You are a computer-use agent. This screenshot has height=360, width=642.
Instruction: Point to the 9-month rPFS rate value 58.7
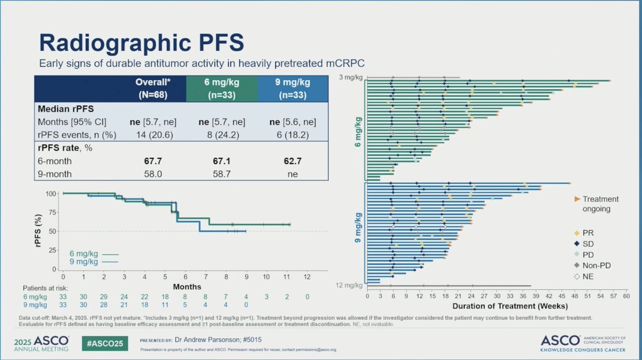pyautogui.click(x=221, y=174)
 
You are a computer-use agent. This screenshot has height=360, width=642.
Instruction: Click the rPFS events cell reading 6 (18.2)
pyautogui.click(x=292, y=134)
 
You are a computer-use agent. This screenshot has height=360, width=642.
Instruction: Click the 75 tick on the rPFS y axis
pyautogui.click(x=52, y=212)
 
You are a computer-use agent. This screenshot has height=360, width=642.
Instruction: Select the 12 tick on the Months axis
pyautogui.click(x=307, y=278)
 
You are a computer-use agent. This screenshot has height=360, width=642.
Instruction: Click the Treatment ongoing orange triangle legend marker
pyautogui.click(x=577, y=199)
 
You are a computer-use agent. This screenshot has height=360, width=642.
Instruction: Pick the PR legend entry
pyautogui.click(x=588, y=233)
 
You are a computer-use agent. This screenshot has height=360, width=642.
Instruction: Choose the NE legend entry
pyautogui.click(x=588, y=277)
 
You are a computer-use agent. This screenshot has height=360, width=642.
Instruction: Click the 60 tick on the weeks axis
pyautogui.click(x=627, y=296)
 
